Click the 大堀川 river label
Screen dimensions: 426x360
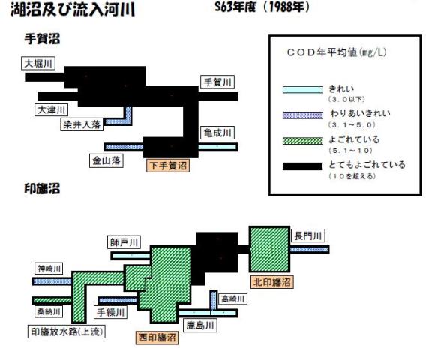pos(38,64)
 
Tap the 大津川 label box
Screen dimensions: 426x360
pos(51,109)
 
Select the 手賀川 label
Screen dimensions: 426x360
pos(217,82)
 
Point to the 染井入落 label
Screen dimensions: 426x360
pos(82,124)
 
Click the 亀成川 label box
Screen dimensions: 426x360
pos(217,133)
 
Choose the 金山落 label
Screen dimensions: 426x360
pos(106,160)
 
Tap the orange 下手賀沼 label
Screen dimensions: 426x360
pos(168,166)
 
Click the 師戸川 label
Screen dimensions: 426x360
pos(124,241)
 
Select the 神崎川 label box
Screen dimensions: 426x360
pos(49,268)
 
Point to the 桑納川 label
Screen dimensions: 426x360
pos(49,311)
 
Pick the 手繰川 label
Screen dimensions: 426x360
pos(110,312)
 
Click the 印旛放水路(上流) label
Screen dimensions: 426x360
pos(67,331)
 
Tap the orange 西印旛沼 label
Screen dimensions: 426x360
pos(157,337)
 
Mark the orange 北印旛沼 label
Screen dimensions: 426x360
pos(272,282)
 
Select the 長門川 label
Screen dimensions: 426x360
pos(308,235)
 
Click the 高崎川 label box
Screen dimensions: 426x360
pos(232,298)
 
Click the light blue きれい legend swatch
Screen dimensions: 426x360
pos(303,90)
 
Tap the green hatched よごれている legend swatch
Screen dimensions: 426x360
pos(303,141)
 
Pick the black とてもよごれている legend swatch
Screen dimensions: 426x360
pos(303,166)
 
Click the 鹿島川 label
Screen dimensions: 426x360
pos(200,325)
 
